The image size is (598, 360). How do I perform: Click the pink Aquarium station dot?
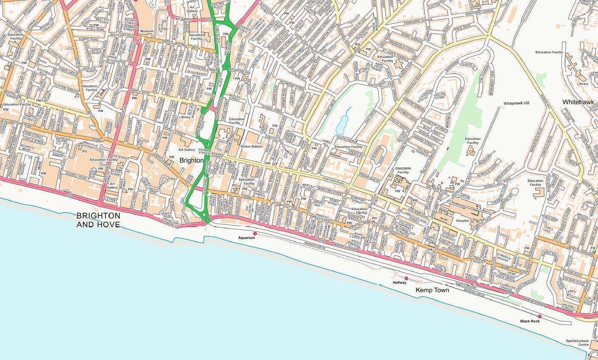(255, 233)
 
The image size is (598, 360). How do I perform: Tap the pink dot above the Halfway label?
(406, 278)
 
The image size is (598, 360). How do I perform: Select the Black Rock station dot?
(539, 316)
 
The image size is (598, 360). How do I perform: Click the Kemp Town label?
(433, 290)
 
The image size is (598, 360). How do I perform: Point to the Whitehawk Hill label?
(516, 103)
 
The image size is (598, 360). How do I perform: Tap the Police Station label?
(252, 146)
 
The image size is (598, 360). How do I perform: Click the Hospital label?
(462, 221)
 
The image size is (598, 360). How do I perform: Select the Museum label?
(147, 31)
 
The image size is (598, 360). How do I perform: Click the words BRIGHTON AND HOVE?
(98, 219)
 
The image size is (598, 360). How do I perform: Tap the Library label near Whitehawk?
(582, 84)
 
